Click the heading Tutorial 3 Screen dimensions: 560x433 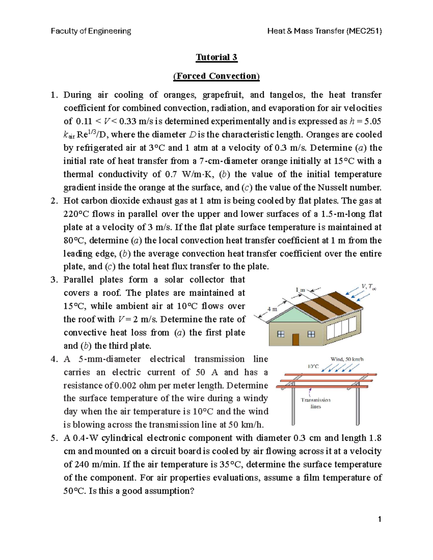216,57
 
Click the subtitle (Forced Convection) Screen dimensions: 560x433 216,76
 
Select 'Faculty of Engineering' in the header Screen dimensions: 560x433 91,31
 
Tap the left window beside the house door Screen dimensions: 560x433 280,334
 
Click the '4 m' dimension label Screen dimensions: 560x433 272,309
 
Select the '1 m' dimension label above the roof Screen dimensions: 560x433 300,290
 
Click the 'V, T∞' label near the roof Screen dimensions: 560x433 368,287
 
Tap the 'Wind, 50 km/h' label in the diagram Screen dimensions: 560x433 347,359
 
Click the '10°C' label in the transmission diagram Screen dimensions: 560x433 313,366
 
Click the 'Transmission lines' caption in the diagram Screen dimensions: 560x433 316,403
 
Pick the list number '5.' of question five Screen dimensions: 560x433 54,438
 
